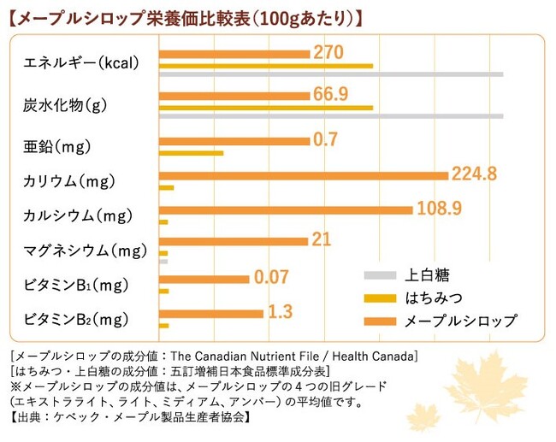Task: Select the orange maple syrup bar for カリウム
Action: coord(303,175)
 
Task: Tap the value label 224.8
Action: coord(474,174)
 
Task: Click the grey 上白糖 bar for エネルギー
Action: coord(330,74)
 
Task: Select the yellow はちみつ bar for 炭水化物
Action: coord(265,108)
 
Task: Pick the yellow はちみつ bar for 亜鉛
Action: coord(191,153)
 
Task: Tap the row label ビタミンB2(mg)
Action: coord(76,320)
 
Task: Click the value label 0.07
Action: coord(272,277)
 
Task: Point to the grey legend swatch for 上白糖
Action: coord(380,275)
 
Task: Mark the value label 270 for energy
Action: coord(328,52)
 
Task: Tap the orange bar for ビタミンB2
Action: coord(210,314)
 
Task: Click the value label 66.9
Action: coord(330,94)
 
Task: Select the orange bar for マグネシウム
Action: coord(233,242)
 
